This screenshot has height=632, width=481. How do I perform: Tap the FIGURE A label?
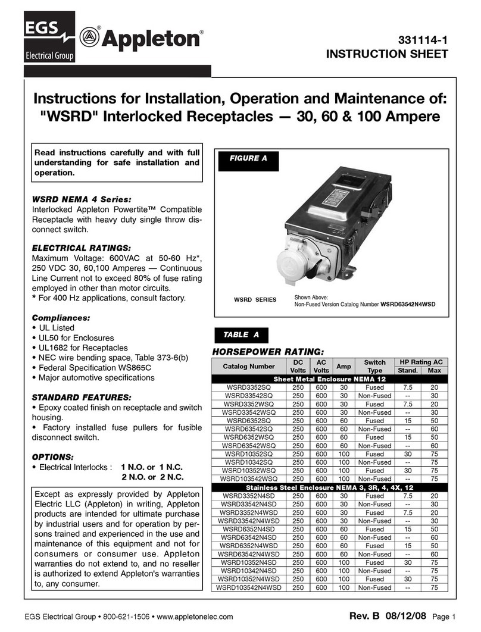(244, 158)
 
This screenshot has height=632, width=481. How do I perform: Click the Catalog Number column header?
(249, 366)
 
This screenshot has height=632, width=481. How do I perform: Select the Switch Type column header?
(374, 366)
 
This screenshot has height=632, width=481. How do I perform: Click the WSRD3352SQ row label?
(249, 387)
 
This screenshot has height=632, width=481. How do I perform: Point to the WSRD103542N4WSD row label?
(249, 587)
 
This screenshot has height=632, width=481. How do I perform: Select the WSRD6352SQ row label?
(249, 420)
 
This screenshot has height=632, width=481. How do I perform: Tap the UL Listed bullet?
(54, 328)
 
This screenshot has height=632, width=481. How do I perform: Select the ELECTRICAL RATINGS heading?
(80, 247)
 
